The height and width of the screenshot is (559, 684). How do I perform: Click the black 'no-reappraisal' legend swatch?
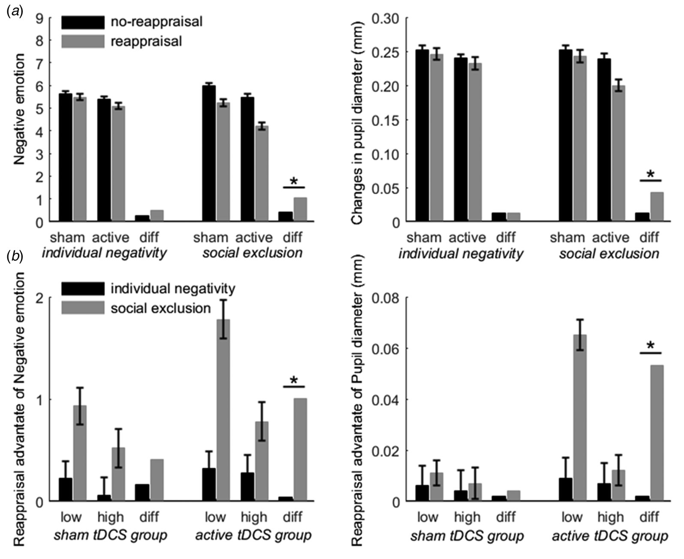coord(83,22)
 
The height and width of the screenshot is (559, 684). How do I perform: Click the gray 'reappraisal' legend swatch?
coord(83,42)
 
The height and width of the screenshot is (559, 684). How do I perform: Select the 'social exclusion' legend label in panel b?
coord(160,309)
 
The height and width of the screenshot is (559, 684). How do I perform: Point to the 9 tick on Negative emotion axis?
coord(39,18)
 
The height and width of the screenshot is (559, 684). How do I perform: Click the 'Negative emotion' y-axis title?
coord(19,109)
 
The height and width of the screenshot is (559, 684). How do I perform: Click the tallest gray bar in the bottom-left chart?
coord(223,410)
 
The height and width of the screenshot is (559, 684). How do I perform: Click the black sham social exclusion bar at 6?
coord(209,153)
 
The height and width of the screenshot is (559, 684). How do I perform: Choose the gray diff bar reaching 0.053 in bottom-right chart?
coord(657,433)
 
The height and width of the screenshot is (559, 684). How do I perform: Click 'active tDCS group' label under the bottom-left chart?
coord(253,535)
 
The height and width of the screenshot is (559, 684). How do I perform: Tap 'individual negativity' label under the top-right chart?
coord(461,254)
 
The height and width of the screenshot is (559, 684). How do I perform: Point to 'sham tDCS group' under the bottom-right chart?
coord(467,536)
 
